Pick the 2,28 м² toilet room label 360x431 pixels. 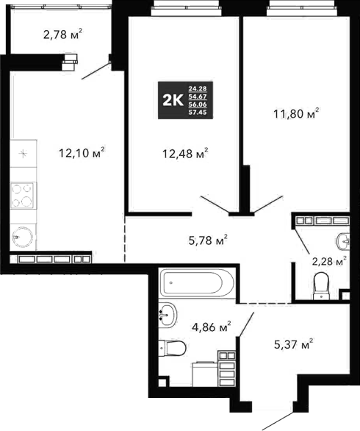pyautogui.click(x=327, y=262)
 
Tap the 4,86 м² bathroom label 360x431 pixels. pyautogui.click(x=210, y=326)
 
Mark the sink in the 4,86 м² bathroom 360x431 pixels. pyautogui.click(x=168, y=314)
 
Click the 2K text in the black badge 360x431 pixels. pyautogui.click(x=174, y=101)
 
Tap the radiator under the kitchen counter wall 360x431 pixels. pyautogui.click(x=56, y=259)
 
